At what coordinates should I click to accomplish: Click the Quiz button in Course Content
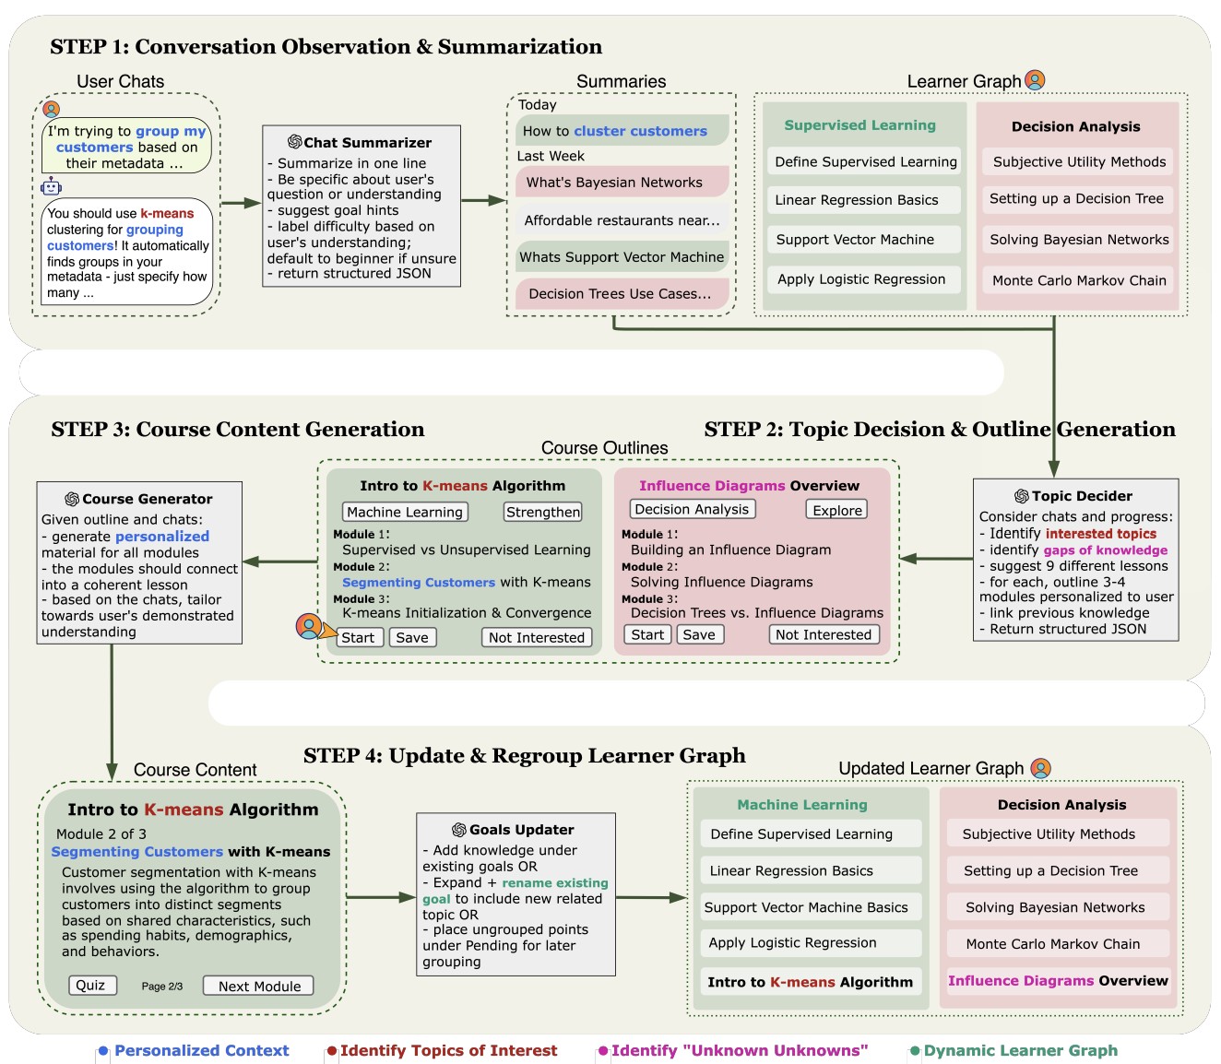(90, 986)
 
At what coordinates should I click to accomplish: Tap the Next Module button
(259, 986)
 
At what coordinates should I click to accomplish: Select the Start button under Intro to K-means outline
(358, 637)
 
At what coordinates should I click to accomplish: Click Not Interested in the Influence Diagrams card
(823, 634)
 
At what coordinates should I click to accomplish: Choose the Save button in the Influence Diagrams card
(698, 634)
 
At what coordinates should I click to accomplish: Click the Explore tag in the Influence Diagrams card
(836, 510)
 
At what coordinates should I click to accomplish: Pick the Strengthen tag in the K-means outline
(542, 512)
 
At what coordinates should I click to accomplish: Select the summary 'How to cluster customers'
(615, 131)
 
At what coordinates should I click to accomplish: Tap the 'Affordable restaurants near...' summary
(622, 220)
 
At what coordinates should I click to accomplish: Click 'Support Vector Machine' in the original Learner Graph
(855, 240)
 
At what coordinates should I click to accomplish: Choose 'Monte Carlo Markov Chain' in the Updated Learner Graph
(1052, 944)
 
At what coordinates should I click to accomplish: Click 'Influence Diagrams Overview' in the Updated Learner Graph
(1058, 981)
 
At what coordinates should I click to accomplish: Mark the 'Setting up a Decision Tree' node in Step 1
(1076, 199)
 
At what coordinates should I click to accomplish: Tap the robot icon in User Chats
(51, 187)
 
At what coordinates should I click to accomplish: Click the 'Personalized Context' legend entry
(201, 1050)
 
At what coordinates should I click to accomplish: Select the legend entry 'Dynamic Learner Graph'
(1020, 1050)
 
